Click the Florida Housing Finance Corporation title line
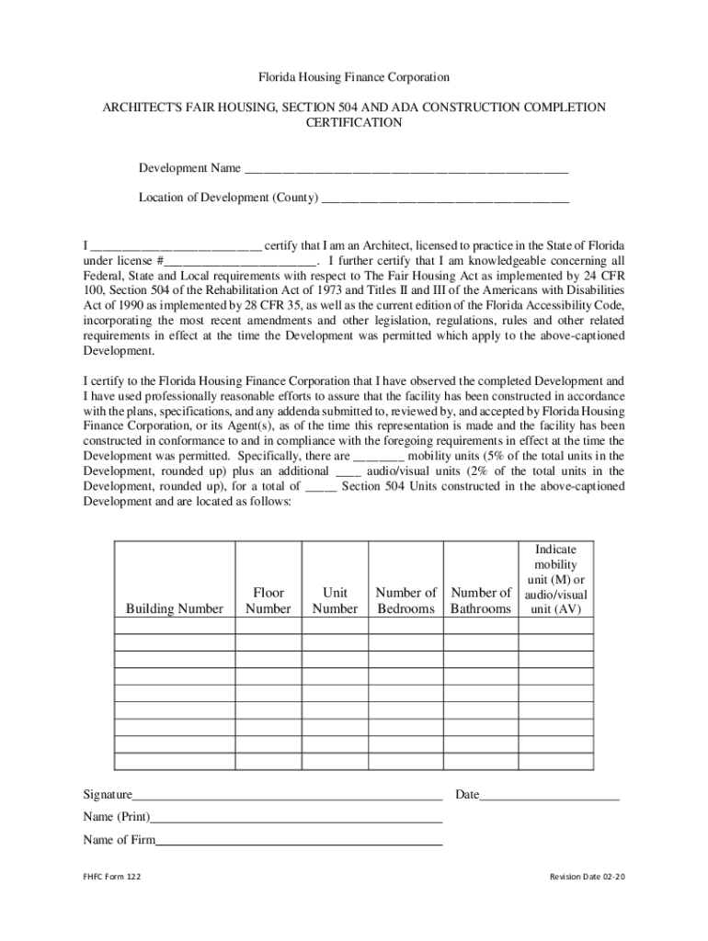353,78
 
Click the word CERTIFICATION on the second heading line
354,122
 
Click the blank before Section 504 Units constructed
319,487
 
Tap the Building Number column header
175,608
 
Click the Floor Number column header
268,601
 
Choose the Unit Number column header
335,601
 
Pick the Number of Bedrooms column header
405,601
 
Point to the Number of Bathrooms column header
481,601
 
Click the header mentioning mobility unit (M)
554,579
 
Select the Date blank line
549,797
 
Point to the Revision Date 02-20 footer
587,877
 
